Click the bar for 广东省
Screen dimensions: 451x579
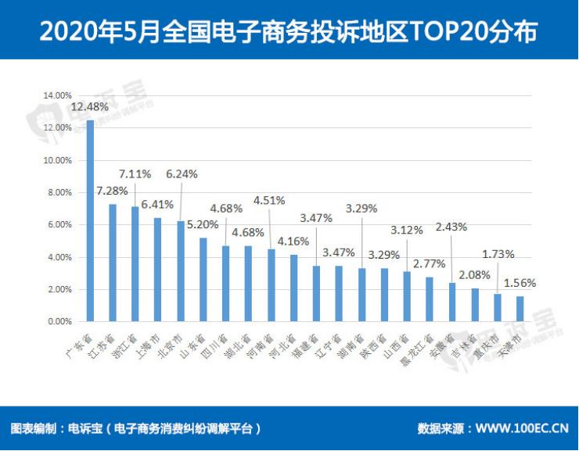90,220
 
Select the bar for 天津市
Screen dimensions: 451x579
520,308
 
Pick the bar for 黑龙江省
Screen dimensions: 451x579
430,299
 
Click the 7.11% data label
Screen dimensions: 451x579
135,173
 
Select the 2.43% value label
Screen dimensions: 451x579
451,227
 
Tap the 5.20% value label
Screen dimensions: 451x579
203,224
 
